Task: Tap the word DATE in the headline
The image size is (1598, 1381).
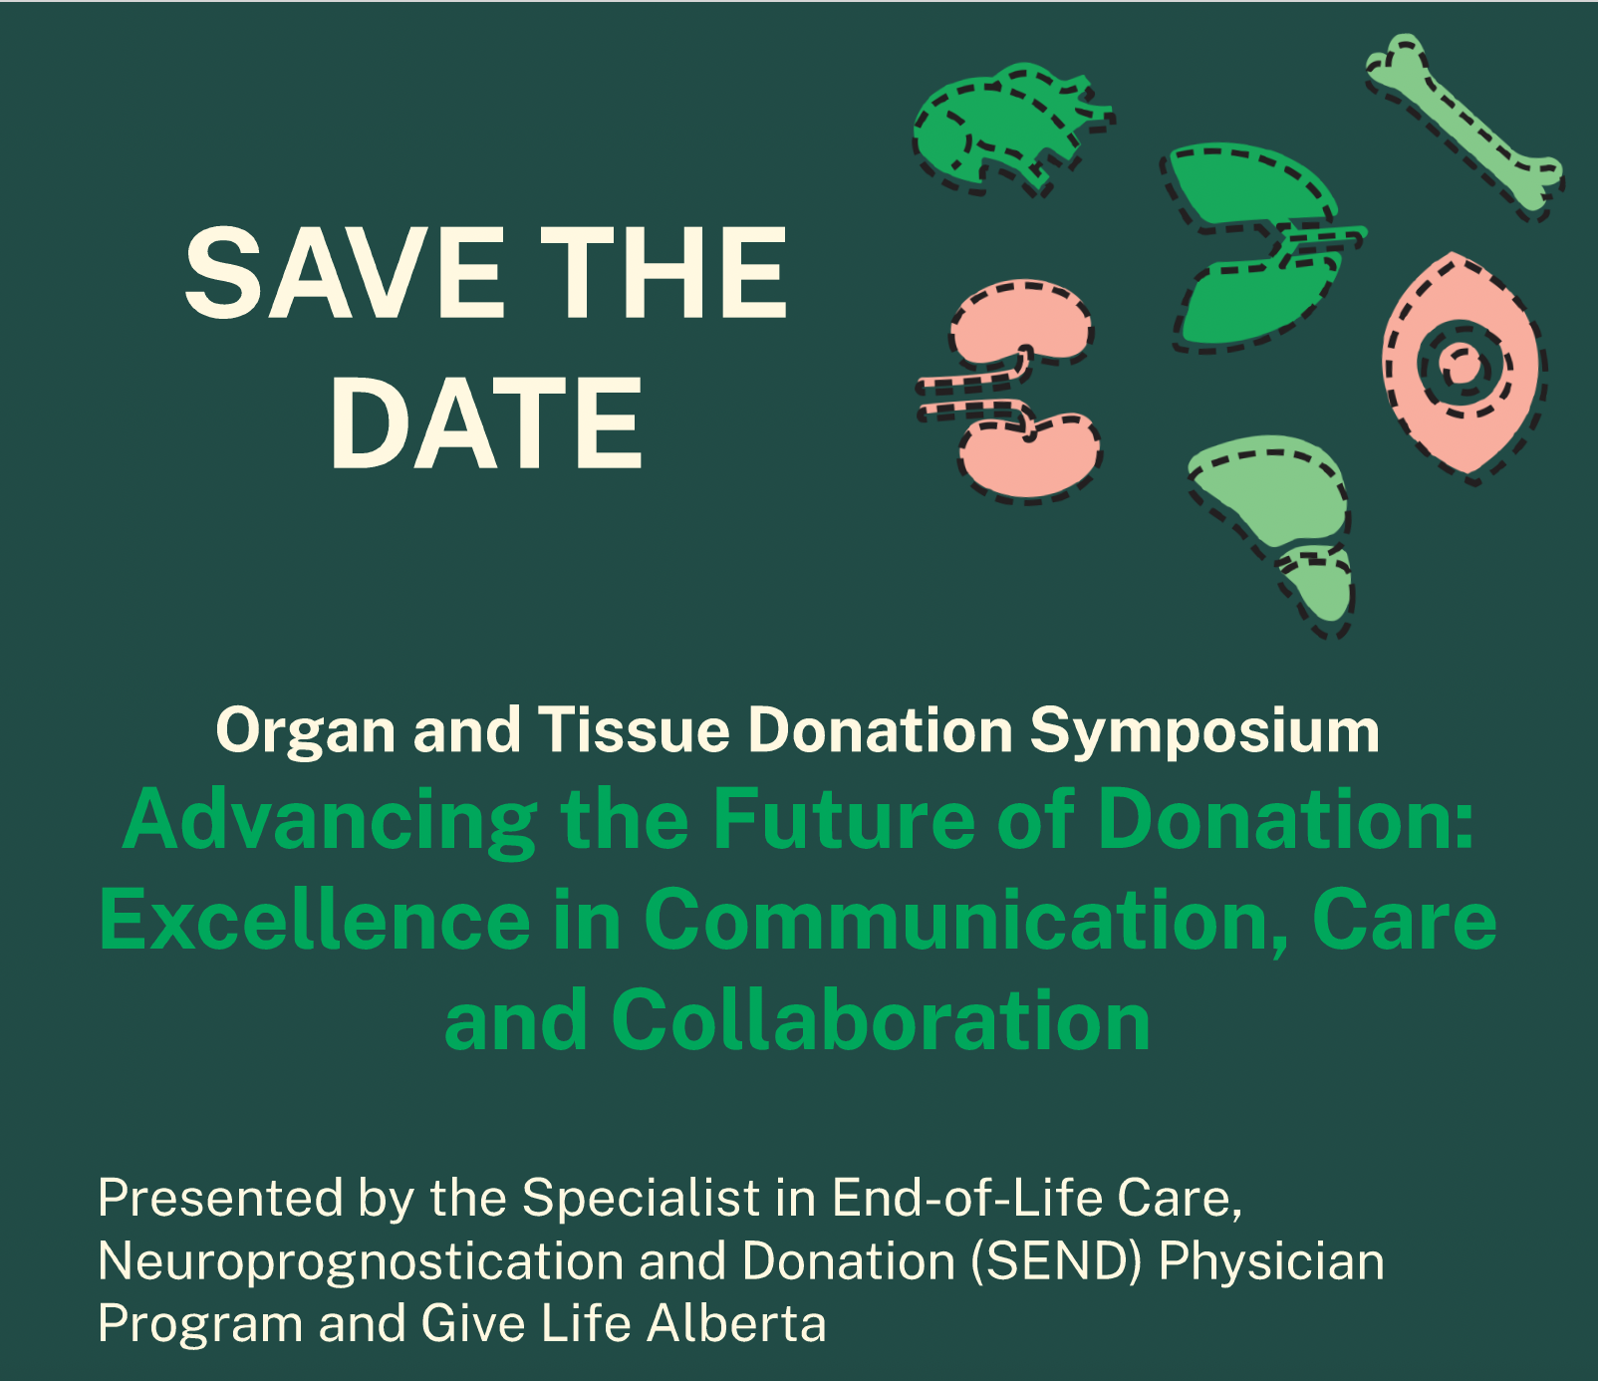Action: (487, 422)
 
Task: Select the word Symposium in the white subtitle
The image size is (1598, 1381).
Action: (1204, 731)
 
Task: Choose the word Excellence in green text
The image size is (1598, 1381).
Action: (316, 920)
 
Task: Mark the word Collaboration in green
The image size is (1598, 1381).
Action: (881, 1020)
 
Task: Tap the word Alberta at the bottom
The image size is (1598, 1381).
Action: (736, 1324)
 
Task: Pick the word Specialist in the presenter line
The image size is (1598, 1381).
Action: (642, 1198)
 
